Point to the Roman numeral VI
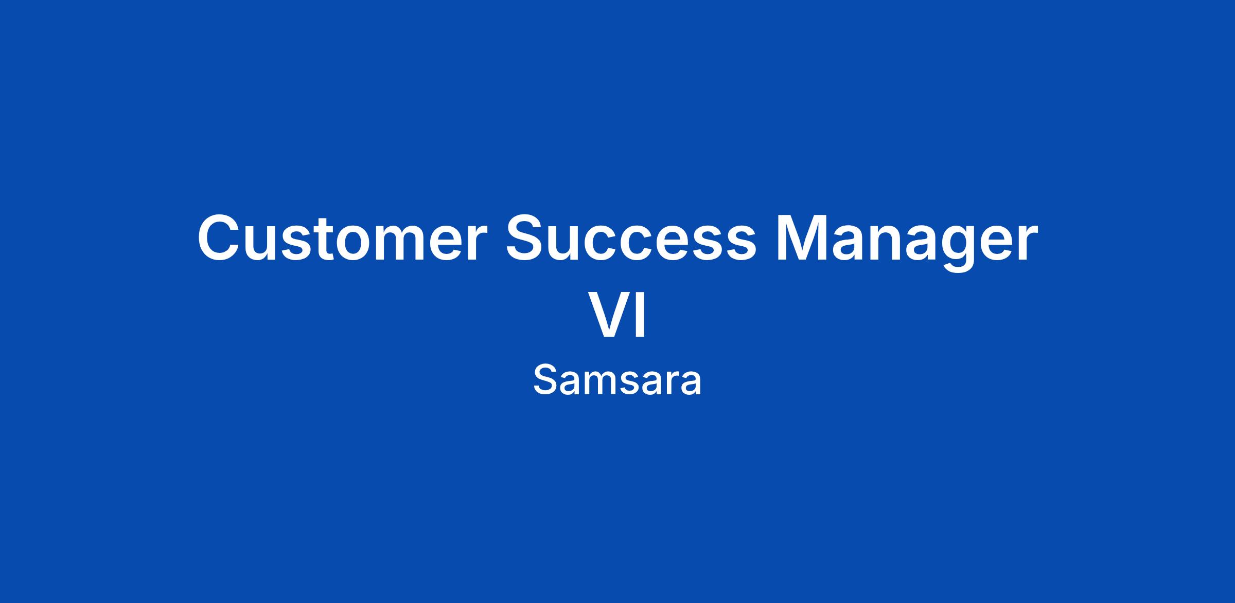pos(617,315)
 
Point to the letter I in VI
pos(641,315)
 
